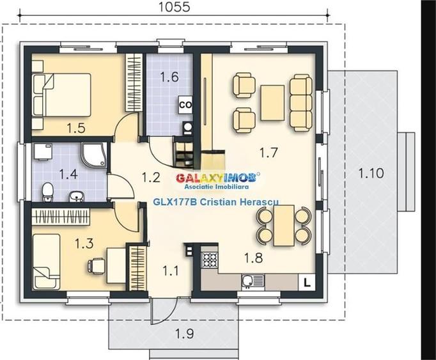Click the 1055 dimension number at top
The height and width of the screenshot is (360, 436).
tap(175, 7)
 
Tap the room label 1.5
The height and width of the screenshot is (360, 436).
tap(76, 129)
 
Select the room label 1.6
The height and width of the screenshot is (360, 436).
tap(169, 77)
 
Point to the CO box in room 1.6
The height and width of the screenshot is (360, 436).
tap(185, 105)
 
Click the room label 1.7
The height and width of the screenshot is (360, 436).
tap(269, 152)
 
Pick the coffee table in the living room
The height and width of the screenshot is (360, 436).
tap(272, 103)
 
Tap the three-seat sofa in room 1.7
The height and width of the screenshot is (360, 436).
tap(301, 103)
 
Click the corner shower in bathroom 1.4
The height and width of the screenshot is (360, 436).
tap(94, 155)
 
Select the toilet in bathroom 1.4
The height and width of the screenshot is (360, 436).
tap(47, 192)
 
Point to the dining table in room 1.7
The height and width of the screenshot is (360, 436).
tap(284, 225)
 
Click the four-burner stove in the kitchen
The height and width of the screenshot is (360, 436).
tap(210, 260)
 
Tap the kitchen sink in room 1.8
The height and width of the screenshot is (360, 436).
tap(253, 281)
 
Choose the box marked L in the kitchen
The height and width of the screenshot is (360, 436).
tap(307, 283)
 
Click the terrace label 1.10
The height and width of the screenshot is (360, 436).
tap(371, 173)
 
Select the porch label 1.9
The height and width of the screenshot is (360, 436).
tap(185, 334)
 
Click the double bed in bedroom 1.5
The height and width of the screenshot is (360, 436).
tap(62, 95)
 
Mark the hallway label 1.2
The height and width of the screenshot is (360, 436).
tap(151, 178)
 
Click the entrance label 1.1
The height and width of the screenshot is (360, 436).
tap(171, 270)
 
